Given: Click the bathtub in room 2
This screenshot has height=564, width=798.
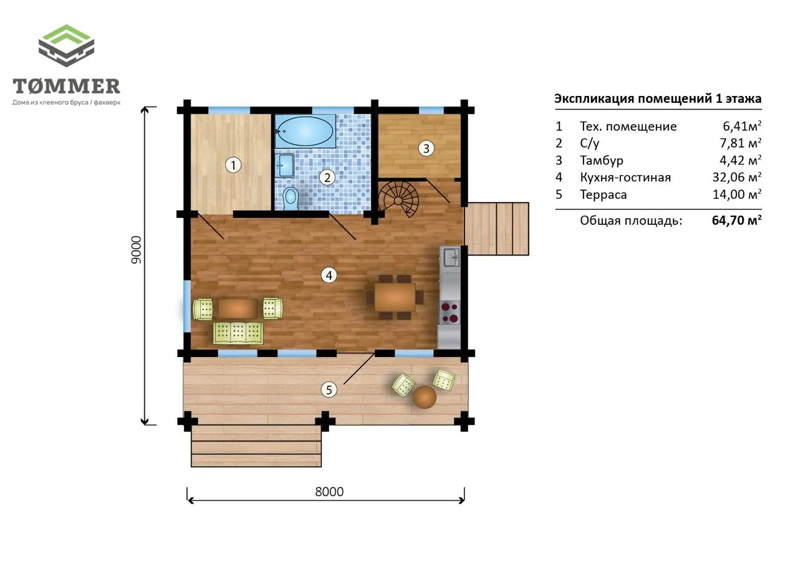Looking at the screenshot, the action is pyautogui.click(x=305, y=131).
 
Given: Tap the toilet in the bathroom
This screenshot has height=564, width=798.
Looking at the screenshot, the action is pyautogui.click(x=291, y=198).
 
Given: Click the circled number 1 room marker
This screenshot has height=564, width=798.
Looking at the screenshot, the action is pyautogui.click(x=233, y=165).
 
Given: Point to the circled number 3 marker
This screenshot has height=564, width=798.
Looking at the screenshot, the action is pyautogui.click(x=426, y=148).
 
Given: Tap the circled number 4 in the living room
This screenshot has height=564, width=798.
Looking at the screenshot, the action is pyautogui.click(x=329, y=275).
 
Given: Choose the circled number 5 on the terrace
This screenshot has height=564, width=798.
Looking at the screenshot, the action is pyautogui.click(x=329, y=390).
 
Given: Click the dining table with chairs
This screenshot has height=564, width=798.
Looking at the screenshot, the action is pyautogui.click(x=395, y=297).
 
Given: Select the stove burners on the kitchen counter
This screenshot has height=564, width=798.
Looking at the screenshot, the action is pyautogui.click(x=449, y=312).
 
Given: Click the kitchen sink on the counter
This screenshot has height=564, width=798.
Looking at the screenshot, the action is pyautogui.click(x=451, y=257).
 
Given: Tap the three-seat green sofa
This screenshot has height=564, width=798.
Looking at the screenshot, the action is pyautogui.click(x=238, y=333).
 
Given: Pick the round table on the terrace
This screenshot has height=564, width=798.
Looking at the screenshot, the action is pyautogui.click(x=425, y=396).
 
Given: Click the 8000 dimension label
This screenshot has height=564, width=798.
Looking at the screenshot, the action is pyautogui.click(x=329, y=492).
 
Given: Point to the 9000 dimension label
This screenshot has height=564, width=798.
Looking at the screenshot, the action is pyautogui.click(x=136, y=250).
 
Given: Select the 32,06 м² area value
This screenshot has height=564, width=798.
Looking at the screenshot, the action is pyautogui.click(x=737, y=177).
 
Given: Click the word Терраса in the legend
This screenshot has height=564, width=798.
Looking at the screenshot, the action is pyautogui.click(x=603, y=194).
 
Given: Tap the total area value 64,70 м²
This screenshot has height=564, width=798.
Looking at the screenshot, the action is pyautogui.click(x=737, y=221).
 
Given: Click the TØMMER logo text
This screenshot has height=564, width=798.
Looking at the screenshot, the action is pyautogui.click(x=66, y=86).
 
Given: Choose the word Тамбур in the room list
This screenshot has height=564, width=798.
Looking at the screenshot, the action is pyautogui.click(x=602, y=160).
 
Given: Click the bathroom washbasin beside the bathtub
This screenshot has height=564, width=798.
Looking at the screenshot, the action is pyautogui.click(x=286, y=165).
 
